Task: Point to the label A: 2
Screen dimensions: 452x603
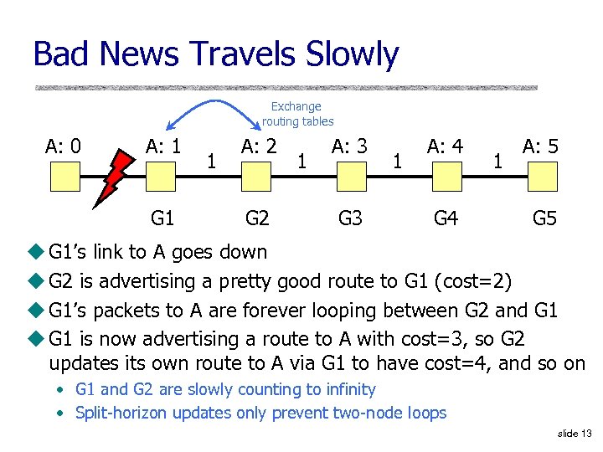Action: (x=260, y=146)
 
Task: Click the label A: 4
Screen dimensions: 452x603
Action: (x=446, y=146)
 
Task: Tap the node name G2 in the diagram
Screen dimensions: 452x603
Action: (x=257, y=219)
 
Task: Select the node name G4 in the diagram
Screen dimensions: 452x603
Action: (x=446, y=219)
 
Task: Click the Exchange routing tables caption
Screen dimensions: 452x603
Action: (x=297, y=114)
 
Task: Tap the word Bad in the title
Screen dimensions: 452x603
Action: (x=61, y=54)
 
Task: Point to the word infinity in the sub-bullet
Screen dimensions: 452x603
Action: (x=349, y=389)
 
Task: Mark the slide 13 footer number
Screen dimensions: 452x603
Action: (x=574, y=434)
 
